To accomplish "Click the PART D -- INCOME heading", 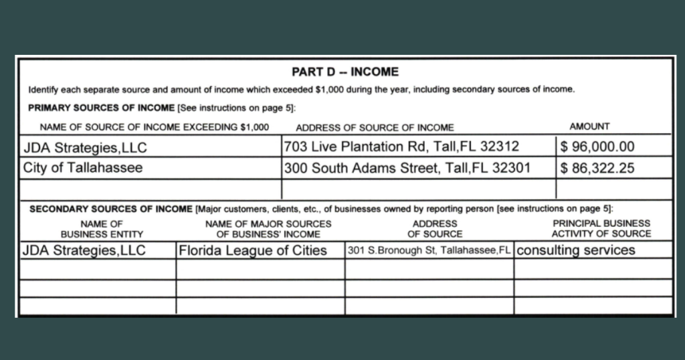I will point(345,72).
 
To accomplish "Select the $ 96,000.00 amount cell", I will point(597,147).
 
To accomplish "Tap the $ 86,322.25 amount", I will point(597,168).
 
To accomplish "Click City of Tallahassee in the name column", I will point(83,168).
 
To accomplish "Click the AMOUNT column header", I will point(589,126).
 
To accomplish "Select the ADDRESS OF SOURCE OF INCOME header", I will point(375,127).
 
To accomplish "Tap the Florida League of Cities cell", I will point(253,251).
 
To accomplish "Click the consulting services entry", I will point(576,250).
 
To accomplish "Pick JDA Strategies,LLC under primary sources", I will point(85,147).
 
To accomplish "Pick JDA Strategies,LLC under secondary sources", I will point(84,251).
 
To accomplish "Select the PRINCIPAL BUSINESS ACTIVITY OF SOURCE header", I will point(601,228).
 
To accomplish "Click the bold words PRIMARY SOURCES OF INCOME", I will point(101,108).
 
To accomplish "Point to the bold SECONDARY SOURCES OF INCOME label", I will point(111,209).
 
